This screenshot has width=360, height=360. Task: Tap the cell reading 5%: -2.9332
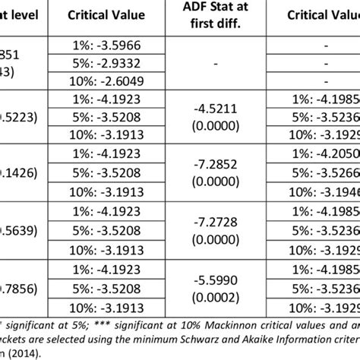click(x=113, y=64)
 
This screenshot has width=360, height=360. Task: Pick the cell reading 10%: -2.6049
click(x=113, y=81)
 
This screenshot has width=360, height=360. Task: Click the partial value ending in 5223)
click(x=16, y=117)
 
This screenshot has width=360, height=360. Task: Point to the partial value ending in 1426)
click(x=16, y=171)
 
